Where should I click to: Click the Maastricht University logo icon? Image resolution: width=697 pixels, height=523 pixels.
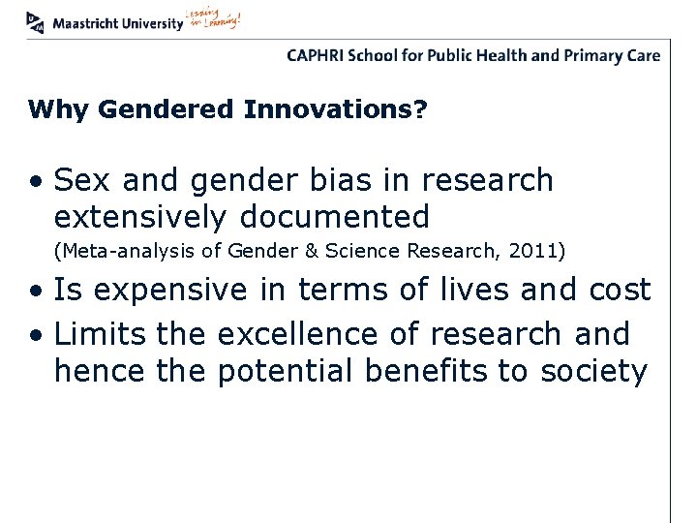pyautogui.click(x=36, y=21)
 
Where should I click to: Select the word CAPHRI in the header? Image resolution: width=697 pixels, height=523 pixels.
pyautogui.click(x=317, y=55)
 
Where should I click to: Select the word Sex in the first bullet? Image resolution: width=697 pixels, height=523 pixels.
pyautogui.click(x=80, y=180)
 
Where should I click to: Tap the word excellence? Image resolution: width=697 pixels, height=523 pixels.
pyautogui.click(x=318, y=334)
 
